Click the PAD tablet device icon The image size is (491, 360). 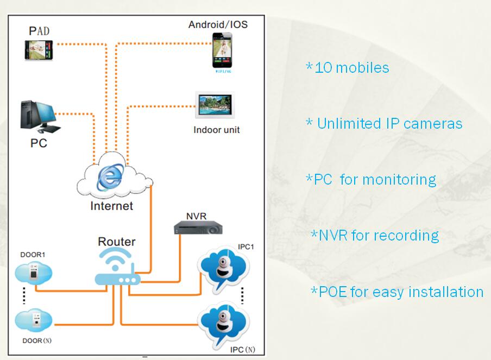pyautogui.click(x=39, y=50)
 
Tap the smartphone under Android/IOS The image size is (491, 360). pyautogui.click(x=222, y=50)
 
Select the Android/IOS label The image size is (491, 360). pyautogui.click(x=218, y=24)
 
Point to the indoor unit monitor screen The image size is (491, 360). pyautogui.click(x=215, y=105)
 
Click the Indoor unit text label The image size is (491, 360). pyautogui.click(x=216, y=130)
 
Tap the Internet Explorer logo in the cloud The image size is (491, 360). pyautogui.click(x=110, y=177)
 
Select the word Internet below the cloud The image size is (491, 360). pyautogui.click(x=111, y=206)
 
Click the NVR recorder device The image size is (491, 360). pyautogui.click(x=198, y=228)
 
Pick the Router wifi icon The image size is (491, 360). pyautogui.click(x=117, y=267)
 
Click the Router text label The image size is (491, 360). pyautogui.click(x=116, y=242)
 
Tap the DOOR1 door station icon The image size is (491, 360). pyautogui.click(x=34, y=273)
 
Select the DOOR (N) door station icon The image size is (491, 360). pyautogui.click(x=34, y=320)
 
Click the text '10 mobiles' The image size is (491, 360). pyautogui.click(x=352, y=68)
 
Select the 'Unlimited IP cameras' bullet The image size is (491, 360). pyautogui.click(x=384, y=123)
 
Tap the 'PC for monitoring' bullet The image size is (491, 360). pyautogui.click(x=371, y=180)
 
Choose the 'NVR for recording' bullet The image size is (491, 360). pyautogui.click(x=375, y=236)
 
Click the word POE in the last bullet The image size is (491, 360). pyautogui.click(x=333, y=292)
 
